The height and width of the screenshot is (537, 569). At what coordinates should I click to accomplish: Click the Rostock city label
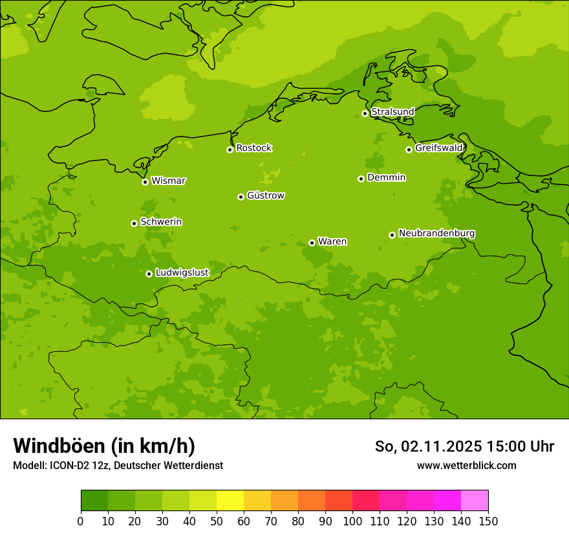(253, 148)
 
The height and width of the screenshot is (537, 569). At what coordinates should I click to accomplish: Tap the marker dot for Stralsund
(365, 113)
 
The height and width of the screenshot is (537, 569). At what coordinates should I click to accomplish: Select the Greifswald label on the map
(438, 148)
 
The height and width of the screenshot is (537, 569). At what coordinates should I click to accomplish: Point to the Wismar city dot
(145, 182)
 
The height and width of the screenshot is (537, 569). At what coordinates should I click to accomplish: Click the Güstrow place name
(265, 195)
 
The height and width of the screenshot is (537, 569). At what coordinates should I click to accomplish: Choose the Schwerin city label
(161, 222)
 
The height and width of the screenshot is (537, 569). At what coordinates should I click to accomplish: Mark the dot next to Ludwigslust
(149, 274)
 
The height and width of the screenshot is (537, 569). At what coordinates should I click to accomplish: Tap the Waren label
(332, 241)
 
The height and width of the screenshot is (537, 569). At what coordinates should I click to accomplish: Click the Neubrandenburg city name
(436, 233)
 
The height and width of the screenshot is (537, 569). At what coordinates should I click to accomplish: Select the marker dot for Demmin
(361, 179)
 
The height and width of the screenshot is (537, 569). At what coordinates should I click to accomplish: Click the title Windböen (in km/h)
(104, 446)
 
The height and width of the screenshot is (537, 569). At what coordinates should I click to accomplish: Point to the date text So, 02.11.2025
(429, 446)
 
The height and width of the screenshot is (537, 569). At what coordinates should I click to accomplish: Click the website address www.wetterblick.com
(466, 465)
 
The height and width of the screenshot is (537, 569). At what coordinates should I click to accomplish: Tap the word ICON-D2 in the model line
(69, 465)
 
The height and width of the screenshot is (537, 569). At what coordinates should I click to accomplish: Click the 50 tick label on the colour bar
(217, 521)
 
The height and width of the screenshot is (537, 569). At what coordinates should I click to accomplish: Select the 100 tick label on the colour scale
(352, 521)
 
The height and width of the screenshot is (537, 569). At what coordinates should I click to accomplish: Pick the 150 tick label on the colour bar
(488, 521)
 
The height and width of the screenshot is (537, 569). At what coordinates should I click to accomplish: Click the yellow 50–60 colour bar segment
(230, 501)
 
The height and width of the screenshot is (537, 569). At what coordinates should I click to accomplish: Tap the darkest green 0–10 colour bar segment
(94, 501)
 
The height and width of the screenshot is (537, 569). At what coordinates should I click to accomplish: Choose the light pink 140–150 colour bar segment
(475, 501)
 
